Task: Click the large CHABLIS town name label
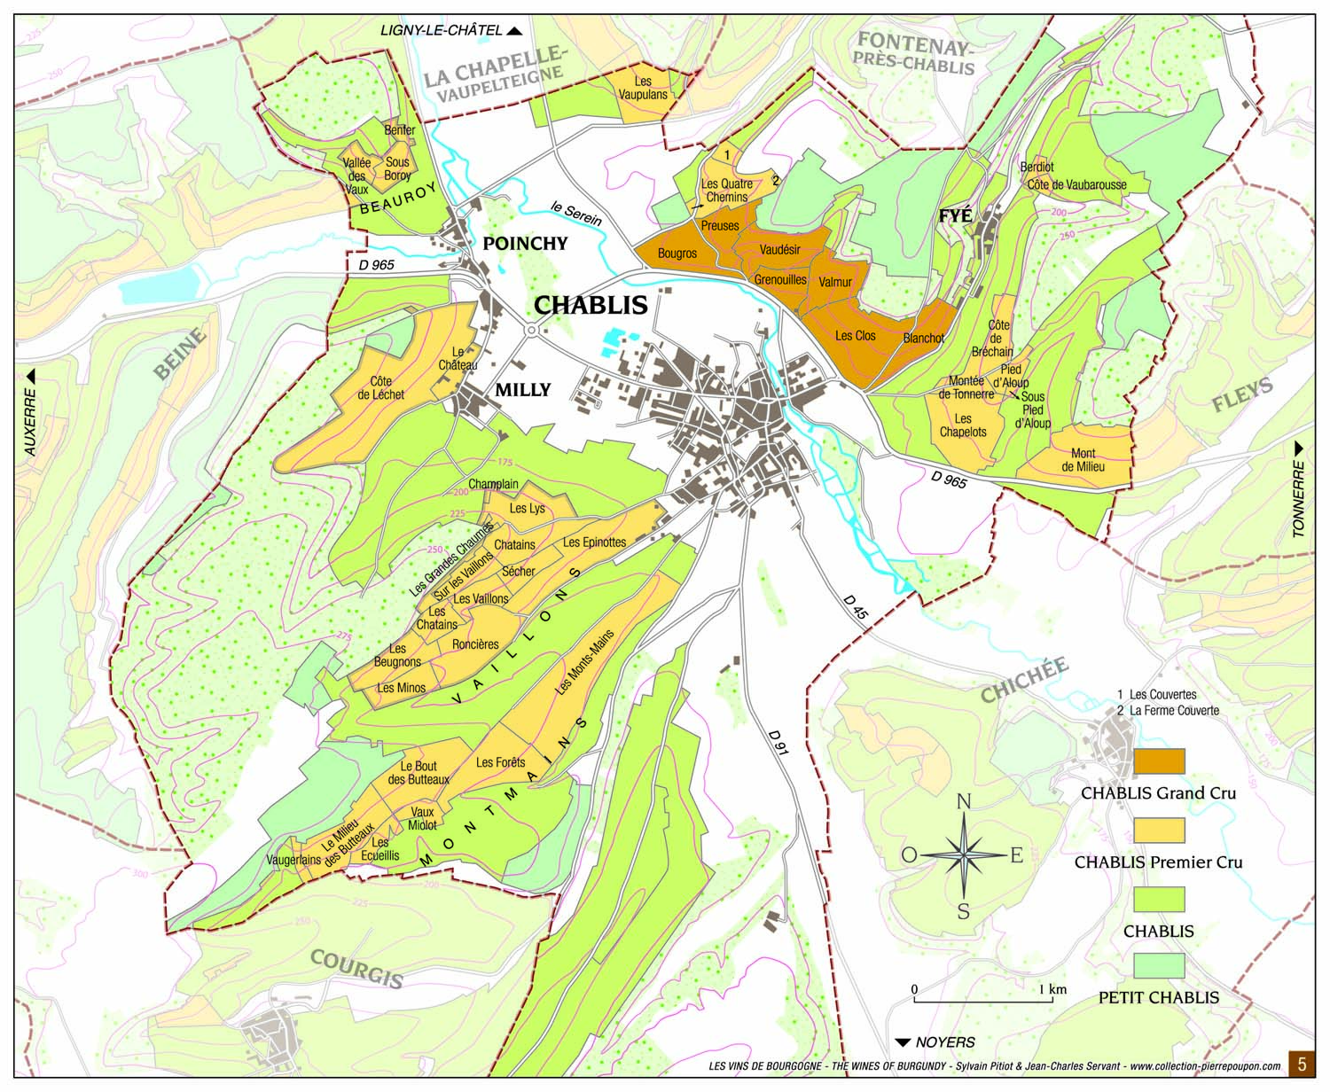[591, 304]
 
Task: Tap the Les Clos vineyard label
[855, 336]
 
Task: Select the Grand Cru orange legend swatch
[1159, 761]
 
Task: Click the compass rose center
[964, 855]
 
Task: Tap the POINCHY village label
[525, 243]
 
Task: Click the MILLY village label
[522, 389]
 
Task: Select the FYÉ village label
[956, 215]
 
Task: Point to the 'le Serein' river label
[575, 214]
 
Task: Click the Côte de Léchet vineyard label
[380, 388]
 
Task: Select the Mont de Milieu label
[1083, 459]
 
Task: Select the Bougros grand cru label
[677, 253]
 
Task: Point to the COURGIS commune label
[356, 968]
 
